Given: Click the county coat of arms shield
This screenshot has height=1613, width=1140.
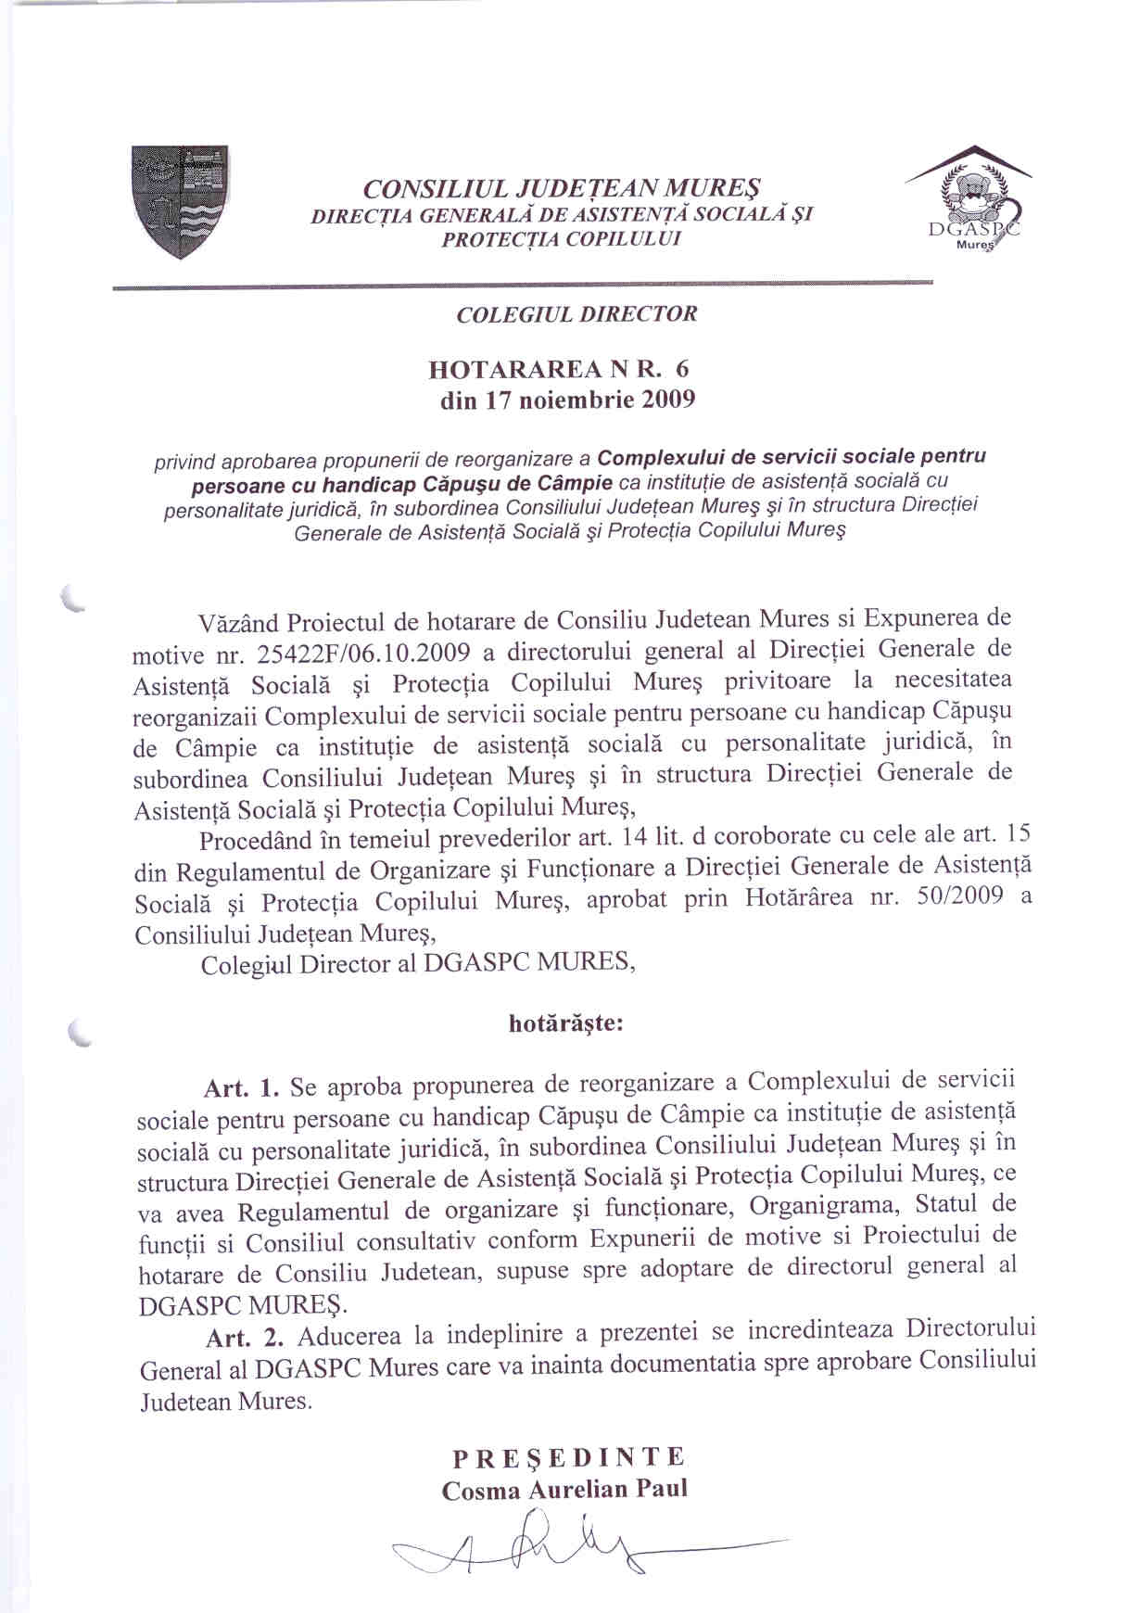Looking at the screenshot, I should pyautogui.click(x=179, y=200).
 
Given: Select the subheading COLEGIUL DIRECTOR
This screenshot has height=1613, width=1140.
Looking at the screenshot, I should pyautogui.click(x=576, y=313).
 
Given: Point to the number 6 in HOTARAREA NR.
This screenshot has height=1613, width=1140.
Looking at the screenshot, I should pyautogui.click(x=683, y=368).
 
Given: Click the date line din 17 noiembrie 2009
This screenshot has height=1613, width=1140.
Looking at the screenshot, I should pyautogui.click(x=567, y=400).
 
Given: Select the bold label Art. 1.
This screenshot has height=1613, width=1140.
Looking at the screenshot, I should pyautogui.click(x=241, y=1086).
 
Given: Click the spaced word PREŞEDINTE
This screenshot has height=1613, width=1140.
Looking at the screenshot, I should pyautogui.click(x=569, y=1456).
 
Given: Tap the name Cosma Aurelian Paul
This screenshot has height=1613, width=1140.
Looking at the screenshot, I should pyautogui.click(x=564, y=1490).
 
